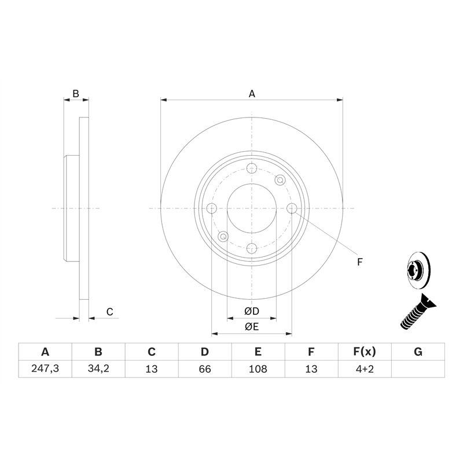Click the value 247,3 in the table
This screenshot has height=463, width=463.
[x=45, y=369]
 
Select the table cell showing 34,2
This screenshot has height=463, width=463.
[x=98, y=369]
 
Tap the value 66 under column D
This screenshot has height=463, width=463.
[x=205, y=369]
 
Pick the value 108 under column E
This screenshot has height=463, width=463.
[x=258, y=369]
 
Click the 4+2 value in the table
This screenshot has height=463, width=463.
[x=365, y=369]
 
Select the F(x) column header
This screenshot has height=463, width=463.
[x=365, y=352]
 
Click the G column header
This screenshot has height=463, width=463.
[x=418, y=352]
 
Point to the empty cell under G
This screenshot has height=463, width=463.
[x=418, y=369]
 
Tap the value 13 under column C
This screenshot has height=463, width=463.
[x=152, y=369]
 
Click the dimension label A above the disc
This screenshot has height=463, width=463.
[x=252, y=93]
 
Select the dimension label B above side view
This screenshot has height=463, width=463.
[x=75, y=93]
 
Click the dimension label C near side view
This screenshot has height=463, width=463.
[x=109, y=312]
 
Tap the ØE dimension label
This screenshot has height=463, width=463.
[x=252, y=327]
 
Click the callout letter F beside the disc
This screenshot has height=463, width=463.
[x=359, y=262]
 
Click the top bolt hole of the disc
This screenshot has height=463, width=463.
[x=252, y=168]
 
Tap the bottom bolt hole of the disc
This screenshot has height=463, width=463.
[x=252, y=248]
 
